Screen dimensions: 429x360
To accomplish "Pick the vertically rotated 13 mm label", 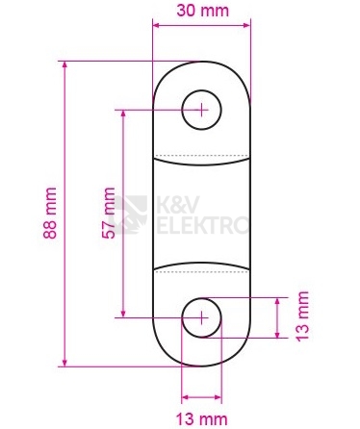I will [301, 315].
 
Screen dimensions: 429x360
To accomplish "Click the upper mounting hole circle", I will [201, 109].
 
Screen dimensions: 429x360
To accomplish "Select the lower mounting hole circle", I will [201, 315].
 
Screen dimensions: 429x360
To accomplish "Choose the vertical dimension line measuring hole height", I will [277, 315].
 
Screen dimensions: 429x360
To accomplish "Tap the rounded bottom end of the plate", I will [201, 356].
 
